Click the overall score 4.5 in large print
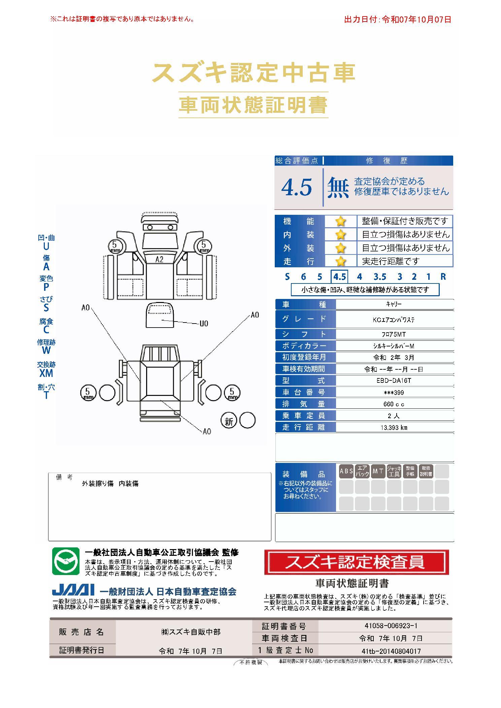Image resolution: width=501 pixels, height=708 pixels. click(x=297, y=187)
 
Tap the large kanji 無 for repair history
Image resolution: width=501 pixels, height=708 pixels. click(x=338, y=187)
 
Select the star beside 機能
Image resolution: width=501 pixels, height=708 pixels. click(x=341, y=221)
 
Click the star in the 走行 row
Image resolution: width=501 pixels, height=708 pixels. click(x=341, y=261)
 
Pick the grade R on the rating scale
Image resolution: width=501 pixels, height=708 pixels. click(x=443, y=277)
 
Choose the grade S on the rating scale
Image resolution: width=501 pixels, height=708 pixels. click(x=287, y=277)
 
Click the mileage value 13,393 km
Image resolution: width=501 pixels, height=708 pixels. click(x=394, y=428)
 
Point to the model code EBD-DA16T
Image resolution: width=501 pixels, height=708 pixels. click(x=394, y=381)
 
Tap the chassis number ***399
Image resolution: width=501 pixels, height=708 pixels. click(x=394, y=393)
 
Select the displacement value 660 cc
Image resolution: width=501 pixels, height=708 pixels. click(x=394, y=404)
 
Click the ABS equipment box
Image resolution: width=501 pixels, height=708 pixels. click(x=346, y=471)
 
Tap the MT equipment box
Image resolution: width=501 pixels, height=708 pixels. click(x=378, y=471)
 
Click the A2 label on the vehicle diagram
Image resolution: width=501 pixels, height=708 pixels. click(x=159, y=260)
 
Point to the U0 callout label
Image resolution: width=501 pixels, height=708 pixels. click(x=204, y=324)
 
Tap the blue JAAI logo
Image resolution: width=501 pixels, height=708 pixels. click(x=73, y=591)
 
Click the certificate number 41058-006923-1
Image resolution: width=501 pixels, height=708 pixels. click(x=391, y=626)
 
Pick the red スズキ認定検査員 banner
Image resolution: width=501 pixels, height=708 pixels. click(x=357, y=562)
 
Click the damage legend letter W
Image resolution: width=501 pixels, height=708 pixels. click(x=46, y=350)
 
